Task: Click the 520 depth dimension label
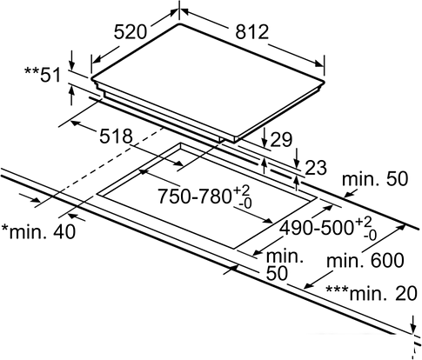pos(130,31)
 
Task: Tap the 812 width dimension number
pos(252,31)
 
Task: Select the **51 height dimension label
pos(43,75)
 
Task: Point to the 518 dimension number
pos(116,136)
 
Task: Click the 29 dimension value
pos(280,140)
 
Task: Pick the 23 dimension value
pos(316,168)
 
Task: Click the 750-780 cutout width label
pos(194,196)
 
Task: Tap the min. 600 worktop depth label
pos(365,260)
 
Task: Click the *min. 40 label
pos(38,231)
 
